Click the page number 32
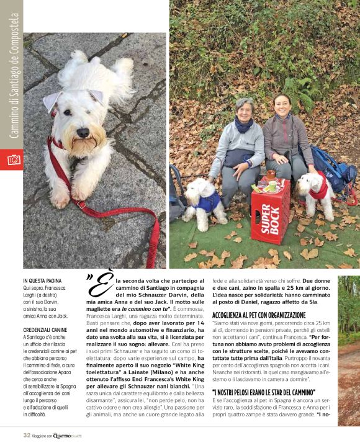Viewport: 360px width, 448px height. coord(27,435)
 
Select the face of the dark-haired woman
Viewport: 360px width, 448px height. coord(282,106)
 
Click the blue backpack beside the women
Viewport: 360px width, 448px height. coord(335,168)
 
